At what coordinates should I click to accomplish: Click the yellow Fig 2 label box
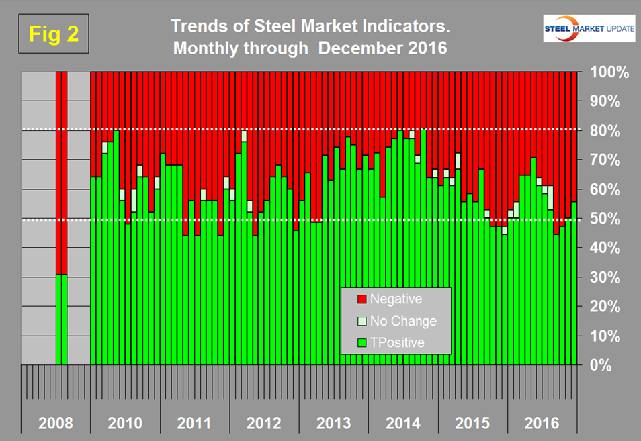(x=54, y=35)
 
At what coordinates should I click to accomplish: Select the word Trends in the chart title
(x=195, y=27)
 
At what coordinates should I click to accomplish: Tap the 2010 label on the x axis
(x=124, y=424)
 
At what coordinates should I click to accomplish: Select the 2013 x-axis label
(x=334, y=424)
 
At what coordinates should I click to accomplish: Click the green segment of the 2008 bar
(x=61, y=320)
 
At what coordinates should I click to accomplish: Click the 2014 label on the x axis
(x=404, y=424)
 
